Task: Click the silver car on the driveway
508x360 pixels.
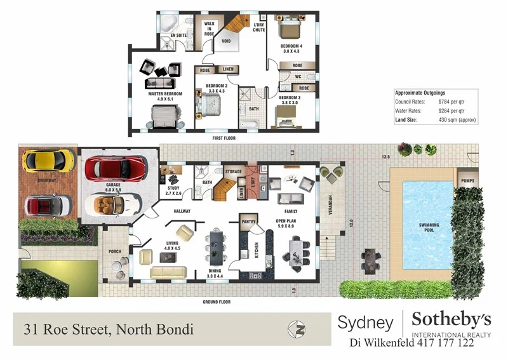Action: pos(47,204)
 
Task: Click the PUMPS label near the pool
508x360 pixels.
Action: pos(468,181)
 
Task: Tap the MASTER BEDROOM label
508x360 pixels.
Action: pos(165,94)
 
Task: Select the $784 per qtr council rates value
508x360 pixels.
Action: pos(452,102)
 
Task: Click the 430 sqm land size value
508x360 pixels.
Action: pos(457,119)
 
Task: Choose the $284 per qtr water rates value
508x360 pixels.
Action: pos(452,110)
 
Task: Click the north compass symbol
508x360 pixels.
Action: pos(295,329)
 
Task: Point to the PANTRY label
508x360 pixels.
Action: pos(248,222)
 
